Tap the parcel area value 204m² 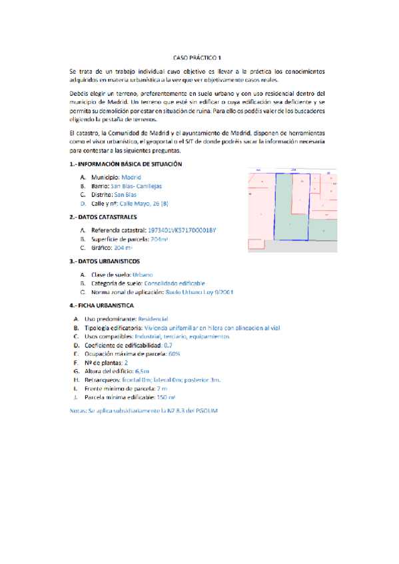click(x=160, y=238)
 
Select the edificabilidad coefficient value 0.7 click(x=168, y=346)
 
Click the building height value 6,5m click(x=142, y=371)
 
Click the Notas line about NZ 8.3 click(x=143, y=410)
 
